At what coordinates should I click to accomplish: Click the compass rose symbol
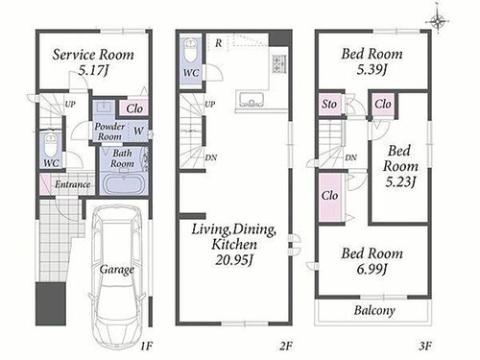pos(437,21)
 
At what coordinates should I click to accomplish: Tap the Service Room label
pos(93,55)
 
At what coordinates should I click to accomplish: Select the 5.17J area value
pos(93,70)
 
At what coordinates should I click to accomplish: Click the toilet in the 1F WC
pos(51,145)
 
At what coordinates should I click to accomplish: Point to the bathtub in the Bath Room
pos(124,183)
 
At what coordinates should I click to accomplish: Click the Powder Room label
pos(109,132)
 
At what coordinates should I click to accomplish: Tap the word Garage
pos(117,270)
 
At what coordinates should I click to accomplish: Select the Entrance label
pos(72,184)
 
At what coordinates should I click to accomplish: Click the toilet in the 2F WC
pos(191,51)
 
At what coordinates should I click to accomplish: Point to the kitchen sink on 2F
pos(252,100)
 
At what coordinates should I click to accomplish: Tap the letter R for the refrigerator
pos(218,43)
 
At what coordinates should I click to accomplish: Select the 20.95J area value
pos(234,260)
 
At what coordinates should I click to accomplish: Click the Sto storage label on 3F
pos(329,105)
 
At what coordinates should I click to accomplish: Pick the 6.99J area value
pos(372,269)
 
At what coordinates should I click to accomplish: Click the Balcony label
pos(374,310)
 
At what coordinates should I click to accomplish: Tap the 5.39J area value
pos(372,69)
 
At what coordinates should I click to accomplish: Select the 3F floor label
pos(425,346)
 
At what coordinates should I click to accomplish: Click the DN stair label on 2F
pos(211,157)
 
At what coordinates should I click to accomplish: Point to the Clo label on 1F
pos(134,108)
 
